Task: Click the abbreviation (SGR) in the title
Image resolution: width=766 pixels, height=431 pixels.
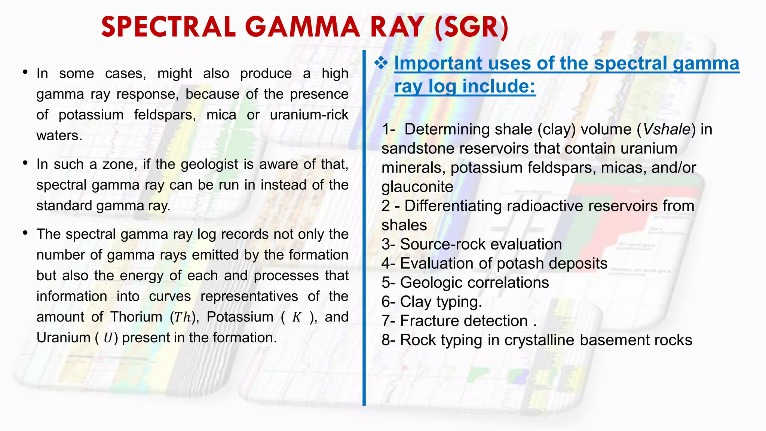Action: (x=471, y=28)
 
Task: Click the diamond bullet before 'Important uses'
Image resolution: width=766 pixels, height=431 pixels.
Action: (x=381, y=63)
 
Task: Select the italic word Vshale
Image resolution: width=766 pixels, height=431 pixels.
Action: (x=666, y=129)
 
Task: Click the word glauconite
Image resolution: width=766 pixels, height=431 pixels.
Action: (x=417, y=187)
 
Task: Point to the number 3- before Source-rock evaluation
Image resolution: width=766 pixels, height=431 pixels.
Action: (x=389, y=244)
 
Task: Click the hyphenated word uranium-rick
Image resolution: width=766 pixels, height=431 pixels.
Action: (x=309, y=115)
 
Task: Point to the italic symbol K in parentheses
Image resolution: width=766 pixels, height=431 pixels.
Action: (x=296, y=317)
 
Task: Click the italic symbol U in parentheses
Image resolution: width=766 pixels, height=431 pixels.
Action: (x=107, y=338)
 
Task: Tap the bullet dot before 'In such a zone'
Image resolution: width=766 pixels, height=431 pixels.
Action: (x=25, y=163)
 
